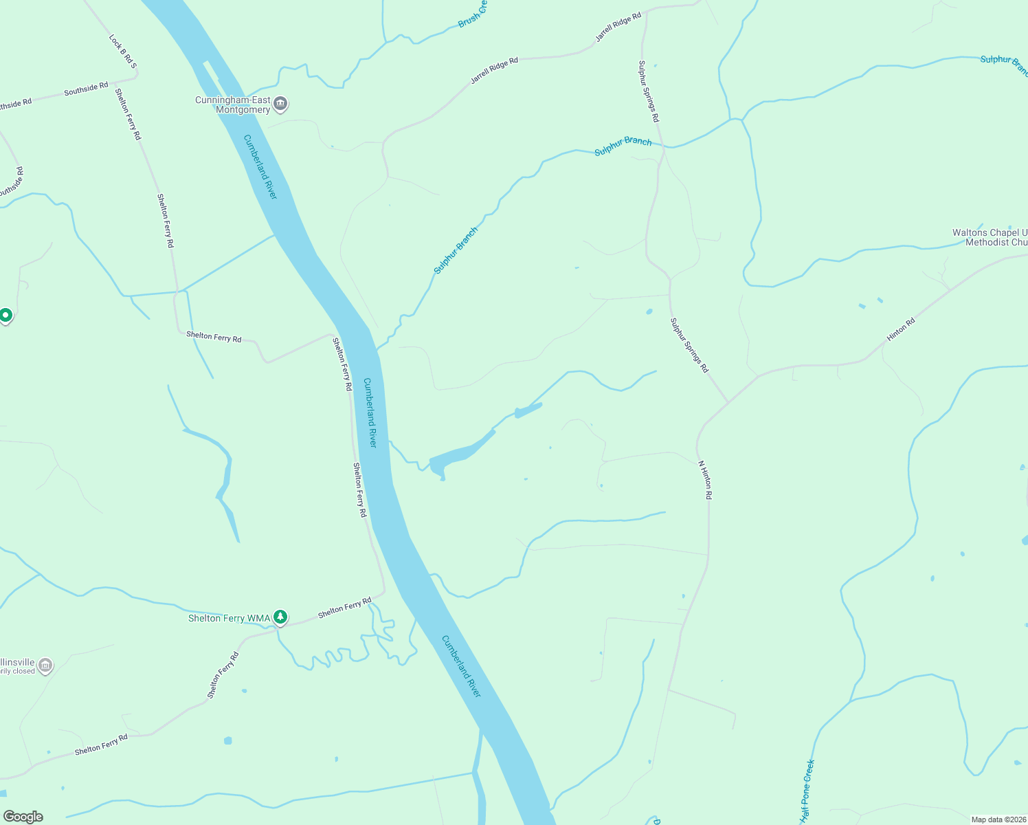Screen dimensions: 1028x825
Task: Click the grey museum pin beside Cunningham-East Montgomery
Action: pyautogui.click(x=280, y=104)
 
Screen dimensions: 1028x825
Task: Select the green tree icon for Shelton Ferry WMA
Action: pyautogui.click(x=280, y=617)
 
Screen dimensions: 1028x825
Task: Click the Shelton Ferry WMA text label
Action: pyautogui.click(x=229, y=619)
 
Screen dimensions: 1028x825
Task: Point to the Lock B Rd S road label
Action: pyautogui.click(x=123, y=52)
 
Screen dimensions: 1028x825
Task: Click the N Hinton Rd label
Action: pyautogui.click(x=705, y=479)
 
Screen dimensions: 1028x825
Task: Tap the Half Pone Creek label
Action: pyautogui.click(x=807, y=791)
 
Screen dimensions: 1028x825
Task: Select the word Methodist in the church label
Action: pyautogui.click(x=987, y=243)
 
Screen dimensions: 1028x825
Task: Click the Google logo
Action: pyautogui.click(x=23, y=817)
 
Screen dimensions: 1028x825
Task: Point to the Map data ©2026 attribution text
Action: pyautogui.click(x=998, y=819)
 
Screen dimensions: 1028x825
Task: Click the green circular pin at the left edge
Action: pyautogui.click(x=5, y=316)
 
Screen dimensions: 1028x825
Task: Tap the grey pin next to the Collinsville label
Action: pyautogui.click(x=45, y=665)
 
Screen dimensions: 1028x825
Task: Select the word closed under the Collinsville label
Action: pyautogui.click(x=24, y=672)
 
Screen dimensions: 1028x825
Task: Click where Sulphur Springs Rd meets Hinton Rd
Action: pyautogui.click(x=728, y=401)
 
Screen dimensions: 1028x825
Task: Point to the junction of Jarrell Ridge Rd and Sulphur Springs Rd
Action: pyautogui.click(x=644, y=12)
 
